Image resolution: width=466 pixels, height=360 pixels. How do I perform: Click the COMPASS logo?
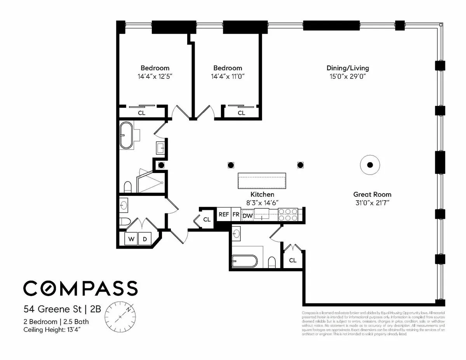pos(80,288)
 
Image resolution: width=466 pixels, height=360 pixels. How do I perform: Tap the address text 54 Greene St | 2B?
pos(62,309)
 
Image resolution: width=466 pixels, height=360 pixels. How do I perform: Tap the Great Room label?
pos(372,194)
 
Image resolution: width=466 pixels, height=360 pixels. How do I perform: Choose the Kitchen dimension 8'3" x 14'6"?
pos(262,202)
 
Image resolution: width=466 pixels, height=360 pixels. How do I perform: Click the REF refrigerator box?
pos(223,214)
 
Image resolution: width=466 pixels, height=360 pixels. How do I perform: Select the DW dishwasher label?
pos(247,215)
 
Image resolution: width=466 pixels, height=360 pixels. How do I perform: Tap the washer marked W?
pos(132,239)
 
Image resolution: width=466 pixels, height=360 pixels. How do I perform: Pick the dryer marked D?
pos(145,239)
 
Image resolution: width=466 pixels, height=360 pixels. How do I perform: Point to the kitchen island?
pos(262,181)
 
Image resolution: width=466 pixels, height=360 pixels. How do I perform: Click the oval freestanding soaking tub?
pos(126,135)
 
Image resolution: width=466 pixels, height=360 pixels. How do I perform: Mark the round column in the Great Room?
pos(370,165)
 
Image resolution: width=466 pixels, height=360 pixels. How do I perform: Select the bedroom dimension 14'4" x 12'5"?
pos(155,76)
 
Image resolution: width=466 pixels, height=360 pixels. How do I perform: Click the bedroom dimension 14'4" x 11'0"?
pos(227,76)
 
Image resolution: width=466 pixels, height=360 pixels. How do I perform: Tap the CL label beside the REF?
pos(207,220)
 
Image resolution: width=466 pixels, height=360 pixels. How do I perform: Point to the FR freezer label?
pos(236,214)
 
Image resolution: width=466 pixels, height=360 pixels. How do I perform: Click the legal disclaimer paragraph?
pos(373,323)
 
